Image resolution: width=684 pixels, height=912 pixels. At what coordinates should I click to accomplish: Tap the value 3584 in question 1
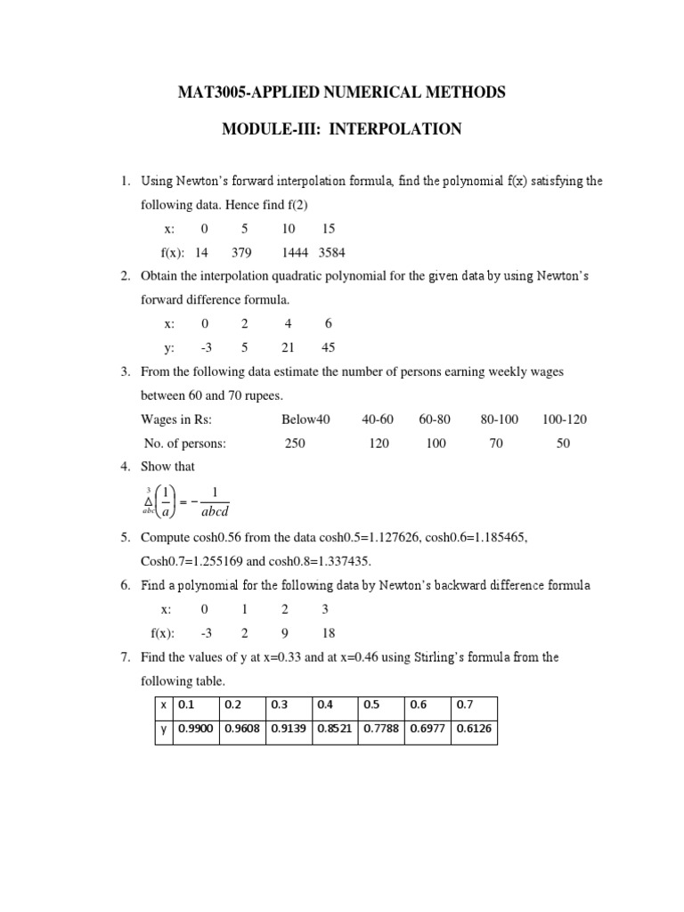point(336,252)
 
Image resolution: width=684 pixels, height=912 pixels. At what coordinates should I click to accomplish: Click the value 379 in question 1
point(243,252)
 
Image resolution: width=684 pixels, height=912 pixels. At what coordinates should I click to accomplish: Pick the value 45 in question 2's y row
point(329,347)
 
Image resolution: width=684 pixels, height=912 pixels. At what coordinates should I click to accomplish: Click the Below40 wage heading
point(305,419)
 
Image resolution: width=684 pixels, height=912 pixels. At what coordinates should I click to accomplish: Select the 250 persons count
point(295,443)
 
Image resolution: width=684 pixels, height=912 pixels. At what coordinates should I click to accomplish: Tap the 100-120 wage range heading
point(564,419)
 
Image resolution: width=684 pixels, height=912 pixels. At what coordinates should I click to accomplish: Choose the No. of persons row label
point(185,443)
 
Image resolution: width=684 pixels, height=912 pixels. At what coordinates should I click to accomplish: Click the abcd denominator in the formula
point(215,512)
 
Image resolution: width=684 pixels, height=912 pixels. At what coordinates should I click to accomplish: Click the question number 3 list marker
point(126,371)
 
